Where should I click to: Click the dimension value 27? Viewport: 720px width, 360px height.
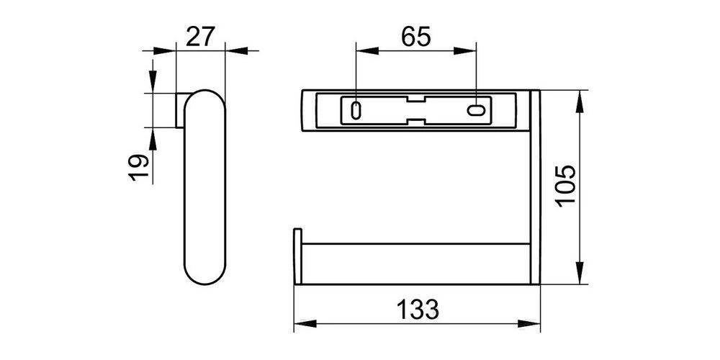point(200,35)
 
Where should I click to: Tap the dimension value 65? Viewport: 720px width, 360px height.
point(415,35)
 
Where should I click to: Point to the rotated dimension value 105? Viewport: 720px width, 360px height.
point(567,186)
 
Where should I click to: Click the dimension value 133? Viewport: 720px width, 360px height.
point(417,310)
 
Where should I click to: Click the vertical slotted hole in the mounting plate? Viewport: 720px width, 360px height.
point(356,110)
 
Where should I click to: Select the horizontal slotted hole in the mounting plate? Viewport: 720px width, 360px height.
point(477,111)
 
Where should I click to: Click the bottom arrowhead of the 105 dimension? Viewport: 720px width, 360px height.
point(580,276)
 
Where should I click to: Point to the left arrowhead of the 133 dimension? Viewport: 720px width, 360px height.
point(302,325)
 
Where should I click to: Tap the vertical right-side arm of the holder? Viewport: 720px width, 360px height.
point(535,187)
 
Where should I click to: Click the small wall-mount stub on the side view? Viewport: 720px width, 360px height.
point(179,110)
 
